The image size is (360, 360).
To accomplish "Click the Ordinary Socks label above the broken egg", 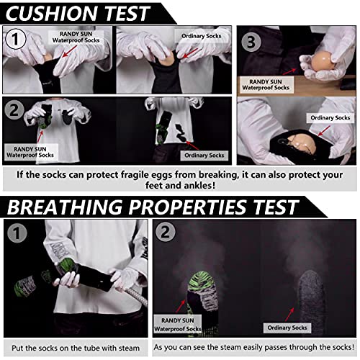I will [329, 117].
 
